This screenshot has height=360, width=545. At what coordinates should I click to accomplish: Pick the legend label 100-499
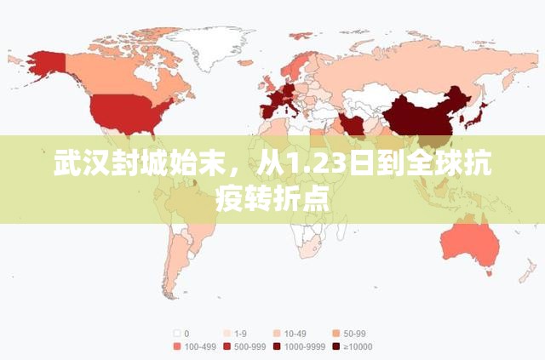tap(198, 346)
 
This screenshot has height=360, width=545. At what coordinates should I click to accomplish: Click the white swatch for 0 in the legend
tap(176, 333)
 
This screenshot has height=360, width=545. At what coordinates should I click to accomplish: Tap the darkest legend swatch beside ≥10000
tap(338, 346)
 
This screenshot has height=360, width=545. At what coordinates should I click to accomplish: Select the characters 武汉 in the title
tap(77, 163)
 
